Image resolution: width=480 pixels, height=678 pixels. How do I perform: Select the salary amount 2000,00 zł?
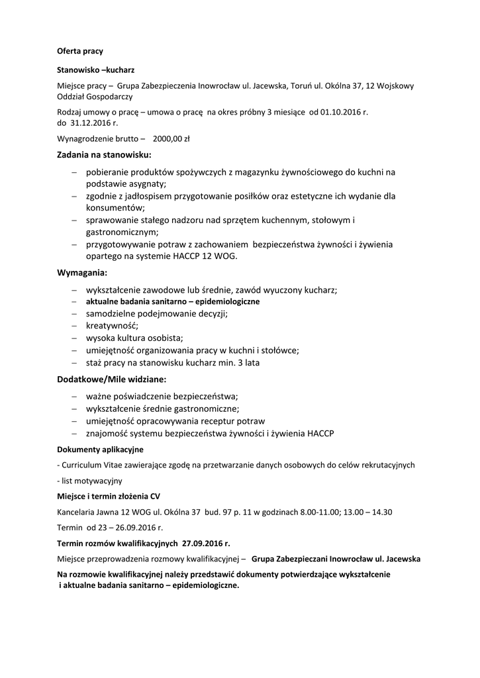point(171,139)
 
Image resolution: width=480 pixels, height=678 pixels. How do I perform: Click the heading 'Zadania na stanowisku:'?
point(105,155)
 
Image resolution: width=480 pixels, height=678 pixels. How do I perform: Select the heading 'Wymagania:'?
point(82,272)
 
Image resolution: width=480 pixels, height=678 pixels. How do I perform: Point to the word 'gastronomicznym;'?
point(122,232)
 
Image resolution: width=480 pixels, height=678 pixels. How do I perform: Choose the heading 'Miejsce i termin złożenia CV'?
point(109,496)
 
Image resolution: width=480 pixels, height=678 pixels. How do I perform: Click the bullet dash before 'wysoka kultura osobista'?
point(75,338)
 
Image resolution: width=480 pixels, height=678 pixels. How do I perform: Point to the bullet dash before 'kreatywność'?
point(75,326)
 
